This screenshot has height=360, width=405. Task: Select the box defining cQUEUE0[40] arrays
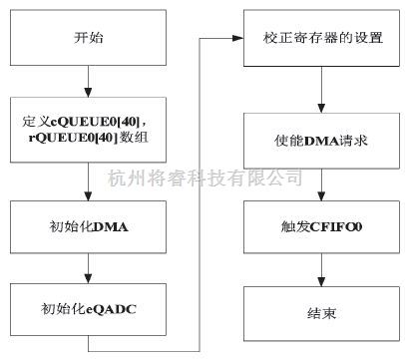(88, 129)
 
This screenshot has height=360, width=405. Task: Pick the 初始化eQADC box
(88, 308)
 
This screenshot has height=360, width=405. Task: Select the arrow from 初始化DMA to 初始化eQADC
(88, 267)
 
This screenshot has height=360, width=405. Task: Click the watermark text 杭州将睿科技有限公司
(204, 178)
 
